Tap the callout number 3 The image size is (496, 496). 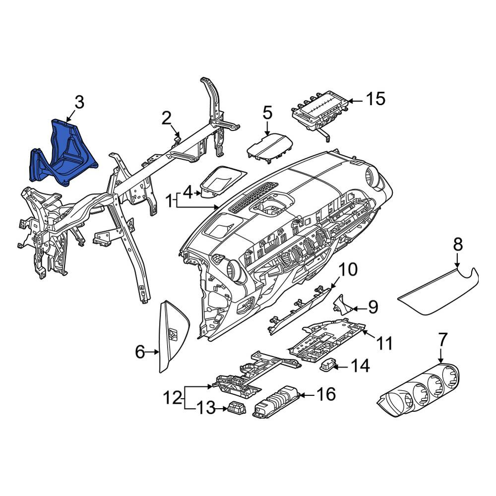(79, 103)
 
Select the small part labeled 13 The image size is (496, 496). (236, 407)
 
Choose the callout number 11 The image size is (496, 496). (384, 344)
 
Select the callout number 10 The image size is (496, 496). (348, 269)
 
